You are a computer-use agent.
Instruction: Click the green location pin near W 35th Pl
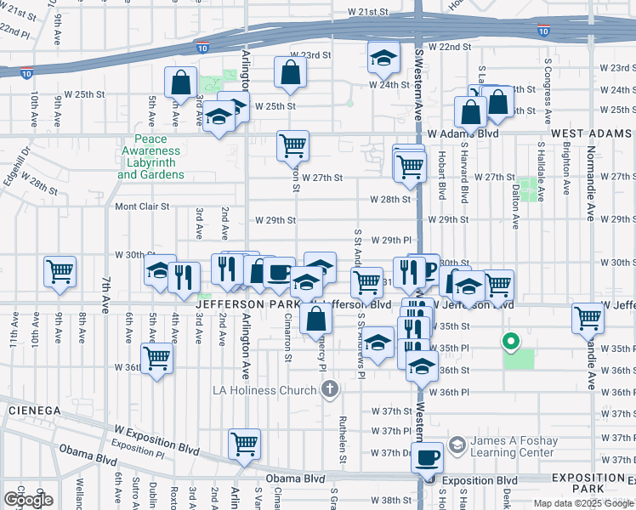(x=510, y=343)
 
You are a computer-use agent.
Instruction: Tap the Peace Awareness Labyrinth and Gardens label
(x=150, y=157)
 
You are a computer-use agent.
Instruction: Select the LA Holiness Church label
(x=264, y=390)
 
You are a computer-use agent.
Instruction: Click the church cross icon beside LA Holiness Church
(x=330, y=389)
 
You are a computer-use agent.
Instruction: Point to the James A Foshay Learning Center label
(x=514, y=446)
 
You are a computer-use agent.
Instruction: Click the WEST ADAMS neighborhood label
(x=592, y=133)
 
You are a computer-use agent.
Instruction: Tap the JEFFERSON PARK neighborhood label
(x=247, y=303)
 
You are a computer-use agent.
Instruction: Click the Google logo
(x=28, y=500)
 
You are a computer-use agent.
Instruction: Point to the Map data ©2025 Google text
(x=582, y=503)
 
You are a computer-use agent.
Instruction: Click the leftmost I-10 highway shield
(x=27, y=73)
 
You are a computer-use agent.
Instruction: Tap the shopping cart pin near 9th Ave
(x=60, y=273)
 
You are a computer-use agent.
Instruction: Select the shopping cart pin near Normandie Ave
(x=588, y=319)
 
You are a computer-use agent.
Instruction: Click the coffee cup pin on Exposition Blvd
(x=428, y=457)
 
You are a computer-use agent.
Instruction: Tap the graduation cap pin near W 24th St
(x=383, y=58)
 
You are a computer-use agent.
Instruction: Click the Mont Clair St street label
(x=143, y=207)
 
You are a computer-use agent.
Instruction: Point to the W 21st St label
(x=367, y=13)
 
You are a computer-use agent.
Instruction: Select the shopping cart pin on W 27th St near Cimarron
(x=292, y=146)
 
